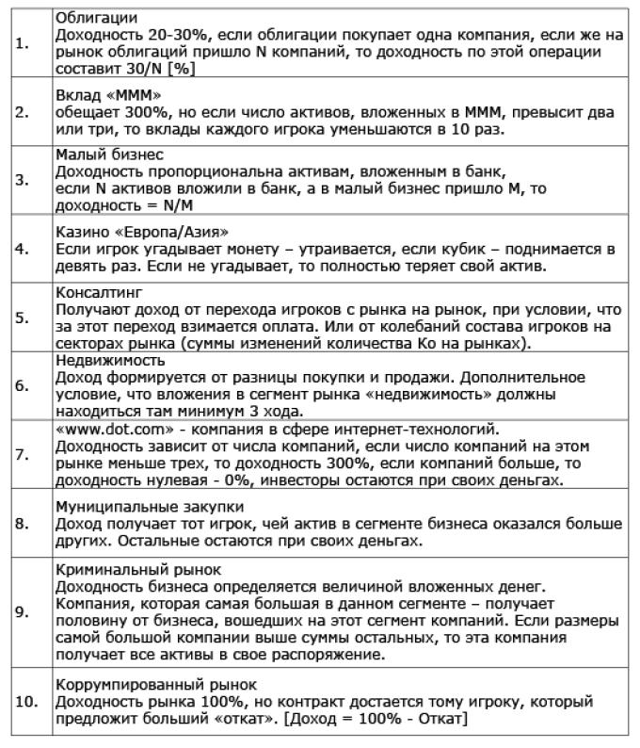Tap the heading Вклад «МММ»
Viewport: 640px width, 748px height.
pyautogui.click(x=102, y=97)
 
